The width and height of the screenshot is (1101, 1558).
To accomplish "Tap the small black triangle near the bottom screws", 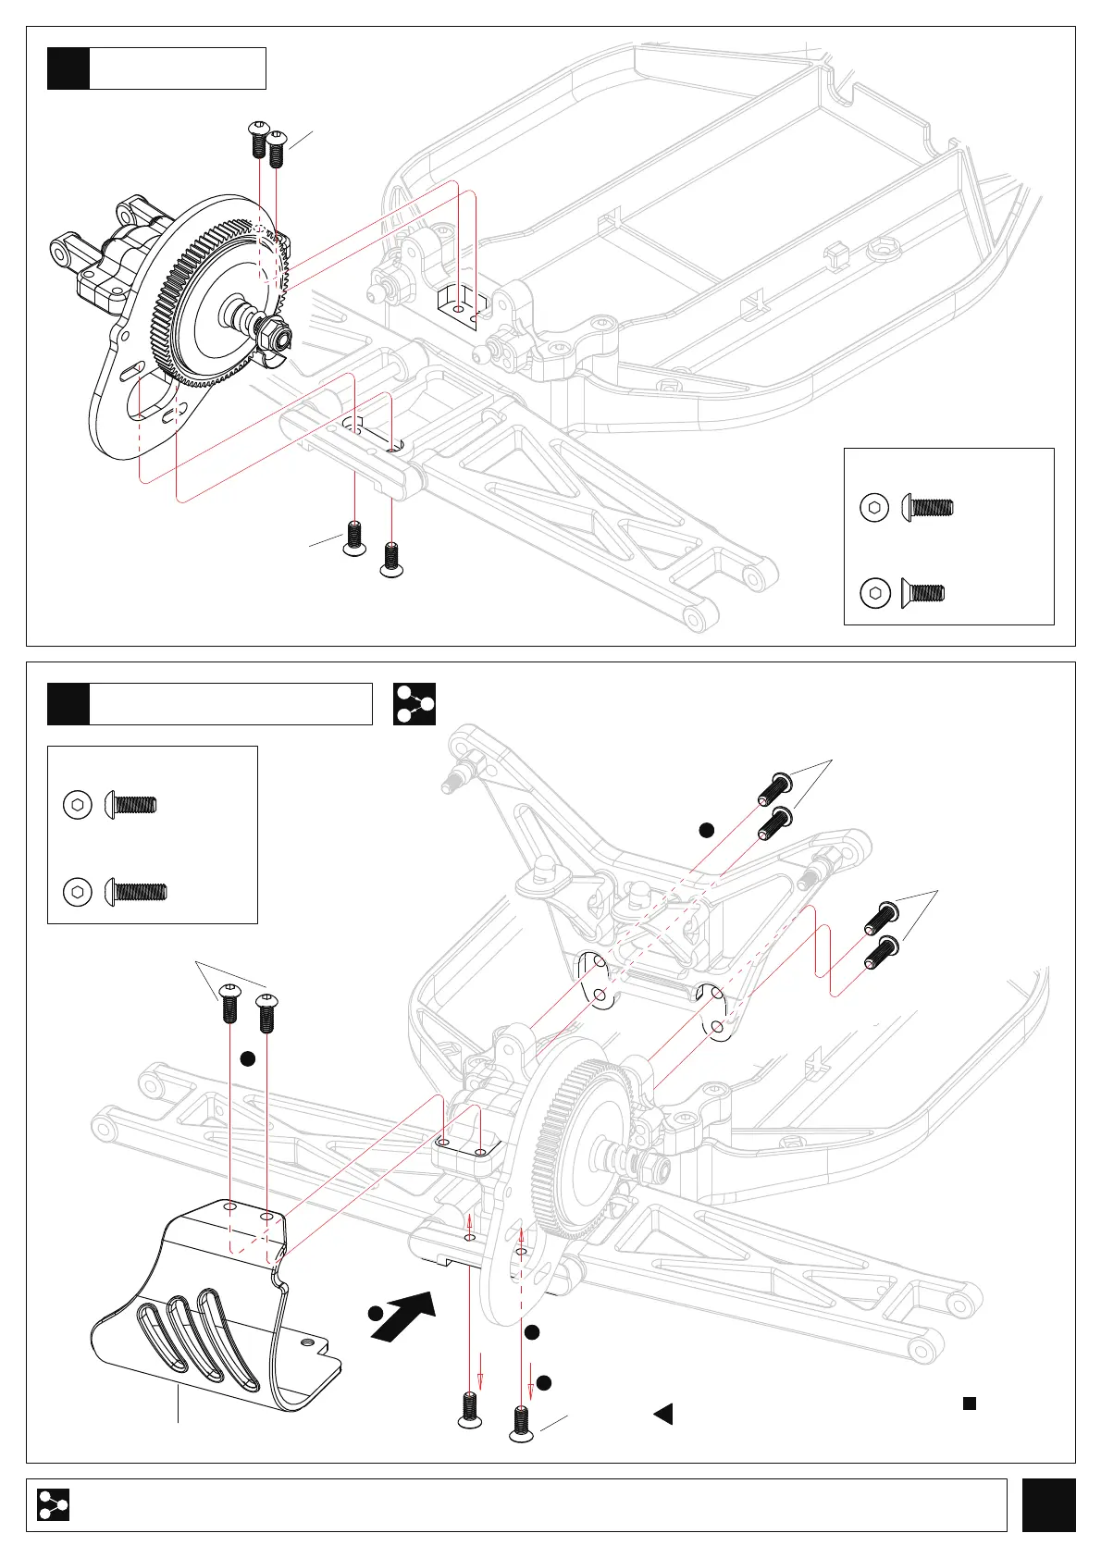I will (x=663, y=1414).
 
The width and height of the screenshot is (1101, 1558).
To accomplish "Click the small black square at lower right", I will (x=970, y=1403).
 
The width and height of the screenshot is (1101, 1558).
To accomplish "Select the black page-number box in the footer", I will (x=1048, y=1505).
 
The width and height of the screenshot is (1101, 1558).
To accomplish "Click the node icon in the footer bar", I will (x=53, y=1505).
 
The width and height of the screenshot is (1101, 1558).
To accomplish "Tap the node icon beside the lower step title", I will (x=414, y=704).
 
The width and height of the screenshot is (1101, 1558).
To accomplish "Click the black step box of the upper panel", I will (x=68, y=68).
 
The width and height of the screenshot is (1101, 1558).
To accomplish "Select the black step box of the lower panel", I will (x=68, y=704).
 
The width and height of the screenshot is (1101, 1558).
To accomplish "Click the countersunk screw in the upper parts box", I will (x=922, y=592).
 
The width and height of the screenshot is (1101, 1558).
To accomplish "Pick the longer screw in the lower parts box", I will (x=136, y=892).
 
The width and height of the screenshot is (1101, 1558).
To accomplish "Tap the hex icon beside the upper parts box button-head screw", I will (x=874, y=507).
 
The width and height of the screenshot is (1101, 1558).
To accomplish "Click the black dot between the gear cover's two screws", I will (x=247, y=1059).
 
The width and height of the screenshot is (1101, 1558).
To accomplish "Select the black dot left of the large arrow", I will (x=375, y=1314).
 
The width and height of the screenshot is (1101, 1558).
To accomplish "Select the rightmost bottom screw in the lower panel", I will (x=522, y=1422).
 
